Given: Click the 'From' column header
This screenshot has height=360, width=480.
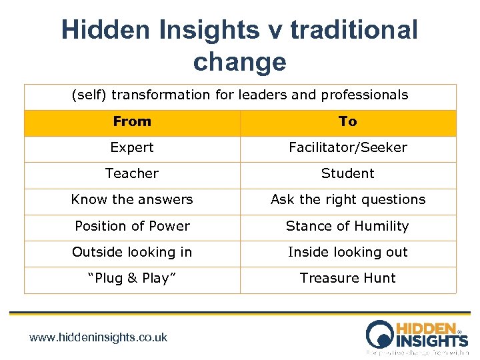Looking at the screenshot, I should pyautogui.click(x=132, y=121).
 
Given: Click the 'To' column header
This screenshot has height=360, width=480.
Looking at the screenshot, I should pyautogui.click(x=347, y=121).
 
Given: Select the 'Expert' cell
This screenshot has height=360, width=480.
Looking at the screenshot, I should pyautogui.click(x=132, y=147).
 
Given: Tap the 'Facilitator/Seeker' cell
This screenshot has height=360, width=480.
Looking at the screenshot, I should pyautogui.click(x=347, y=147).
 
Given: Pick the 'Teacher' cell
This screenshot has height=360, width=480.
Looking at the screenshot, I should pyautogui.click(x=132, y=173).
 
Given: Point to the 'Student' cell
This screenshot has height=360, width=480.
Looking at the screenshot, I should pyautogui.click(x=347, y=173).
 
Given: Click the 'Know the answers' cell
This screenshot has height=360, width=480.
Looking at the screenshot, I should pyautogui.click(x=132, y=199).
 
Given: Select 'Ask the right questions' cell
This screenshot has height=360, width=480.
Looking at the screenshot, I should pyautogui.click(x=347, y=199).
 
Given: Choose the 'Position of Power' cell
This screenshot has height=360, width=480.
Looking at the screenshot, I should pyautogui.click(x=132, y=226).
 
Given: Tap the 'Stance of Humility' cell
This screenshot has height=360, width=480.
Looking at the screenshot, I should pyautogui.click(x=347, y=226).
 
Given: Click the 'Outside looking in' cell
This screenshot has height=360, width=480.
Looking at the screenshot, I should pyautogui.click(x=132, y=252).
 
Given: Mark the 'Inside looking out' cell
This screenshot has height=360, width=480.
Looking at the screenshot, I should pyautogui.click(x=347, y=252).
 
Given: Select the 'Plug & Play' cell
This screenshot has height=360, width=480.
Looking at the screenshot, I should pyautogui.click(x=132, y=278).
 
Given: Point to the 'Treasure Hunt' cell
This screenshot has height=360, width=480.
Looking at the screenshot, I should pyautogui.click(x=347, y=278).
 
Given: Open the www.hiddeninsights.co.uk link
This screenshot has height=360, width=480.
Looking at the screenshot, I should pyautogui.click(x=99, y=337).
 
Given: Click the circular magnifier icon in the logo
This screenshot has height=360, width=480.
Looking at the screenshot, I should pyautogui.click(x=381, y=333).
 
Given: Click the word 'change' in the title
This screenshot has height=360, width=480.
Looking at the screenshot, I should pyautogui.click(x=239, y=61).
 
